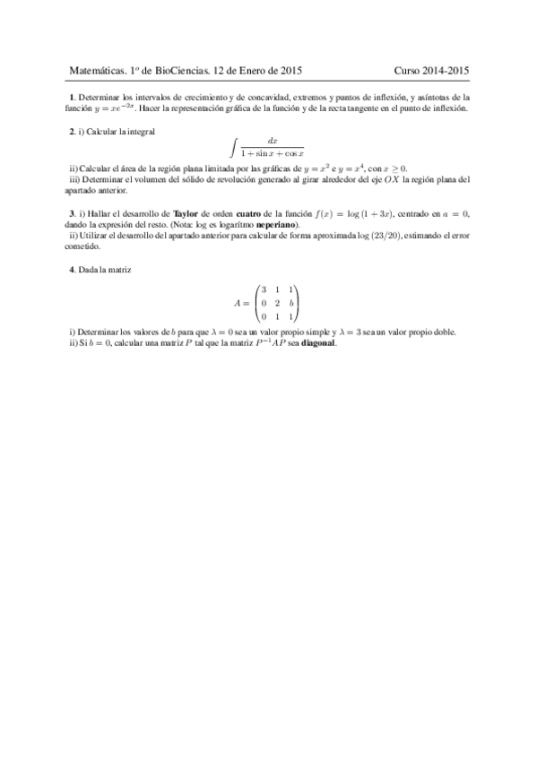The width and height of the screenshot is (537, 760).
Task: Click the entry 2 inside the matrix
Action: (x=276, y=303)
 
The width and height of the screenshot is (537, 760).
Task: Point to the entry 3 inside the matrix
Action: (x=263, y=289)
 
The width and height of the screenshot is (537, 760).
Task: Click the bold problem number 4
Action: (x=72, y=270)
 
